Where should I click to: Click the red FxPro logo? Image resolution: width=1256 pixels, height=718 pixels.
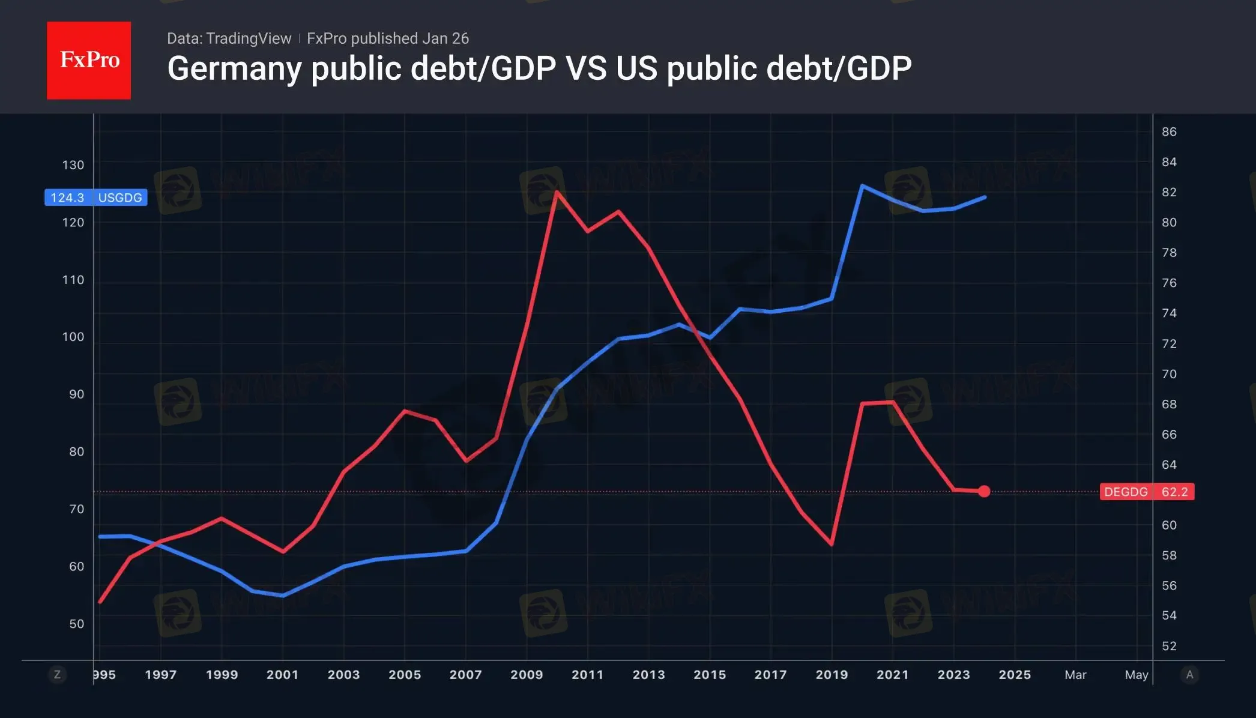click(x=89, y=60)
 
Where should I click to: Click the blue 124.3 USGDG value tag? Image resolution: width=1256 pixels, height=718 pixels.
click(x=96, y=198)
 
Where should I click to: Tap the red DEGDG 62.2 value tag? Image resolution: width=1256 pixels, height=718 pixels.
click(x=1146, y=492)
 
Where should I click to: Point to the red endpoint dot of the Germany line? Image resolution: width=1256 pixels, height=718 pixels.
click(x=984, y=492)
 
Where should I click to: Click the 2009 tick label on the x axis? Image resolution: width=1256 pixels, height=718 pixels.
click(x=527, y=675)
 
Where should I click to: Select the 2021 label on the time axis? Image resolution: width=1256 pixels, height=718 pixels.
click(x=892, y=675)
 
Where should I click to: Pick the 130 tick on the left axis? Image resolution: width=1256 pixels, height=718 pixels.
click(x=73, y=165)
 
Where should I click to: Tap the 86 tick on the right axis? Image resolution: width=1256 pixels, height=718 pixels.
click(x=1169, y=132)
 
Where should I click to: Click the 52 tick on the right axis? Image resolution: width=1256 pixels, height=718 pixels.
click(x=1169, y=647)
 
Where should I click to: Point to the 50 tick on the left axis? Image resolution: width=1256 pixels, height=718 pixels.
click(x=76, y=624)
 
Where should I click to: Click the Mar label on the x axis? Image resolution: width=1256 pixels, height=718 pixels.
click(x=1075, y=675)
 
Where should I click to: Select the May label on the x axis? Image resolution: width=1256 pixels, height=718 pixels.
click(x=1136, y=675)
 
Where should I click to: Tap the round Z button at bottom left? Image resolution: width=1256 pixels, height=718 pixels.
click(x=57, y=675)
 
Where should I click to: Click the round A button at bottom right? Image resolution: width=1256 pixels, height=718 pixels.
click(x=1189, y=675)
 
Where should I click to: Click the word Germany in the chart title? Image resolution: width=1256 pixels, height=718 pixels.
click(x=234, y=68)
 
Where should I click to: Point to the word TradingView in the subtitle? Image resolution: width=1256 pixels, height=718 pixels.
click(x=248, y=38)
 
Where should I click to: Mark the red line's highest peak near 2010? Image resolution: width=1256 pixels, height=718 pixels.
click(x=557, y=192)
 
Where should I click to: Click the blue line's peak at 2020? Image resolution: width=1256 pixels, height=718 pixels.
click(x=862, y=186)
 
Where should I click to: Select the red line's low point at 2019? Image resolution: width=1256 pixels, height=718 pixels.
click(x=832, y=544)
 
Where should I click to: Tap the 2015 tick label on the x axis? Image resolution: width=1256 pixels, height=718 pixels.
click(x=710, y=675)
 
